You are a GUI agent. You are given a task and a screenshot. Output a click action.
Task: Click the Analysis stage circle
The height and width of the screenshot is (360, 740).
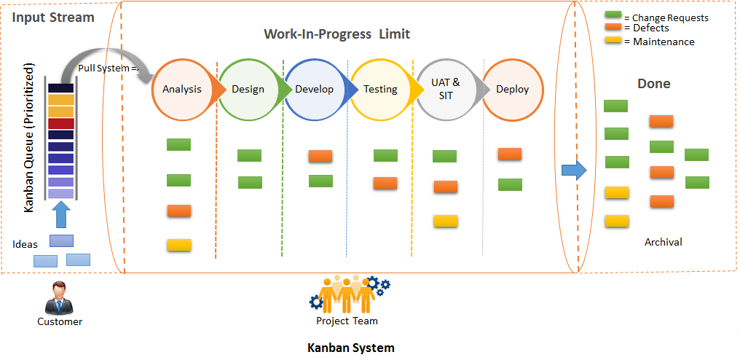point(182,89)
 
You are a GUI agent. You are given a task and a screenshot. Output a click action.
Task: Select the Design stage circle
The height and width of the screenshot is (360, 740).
point(248,89)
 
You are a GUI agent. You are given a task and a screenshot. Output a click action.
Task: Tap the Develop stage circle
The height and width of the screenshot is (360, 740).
point(314,89)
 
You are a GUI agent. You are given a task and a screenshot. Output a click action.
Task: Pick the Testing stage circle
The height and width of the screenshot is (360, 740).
point(380,89)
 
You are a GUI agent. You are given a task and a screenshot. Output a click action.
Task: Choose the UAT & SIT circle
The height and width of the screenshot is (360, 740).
point(446,89)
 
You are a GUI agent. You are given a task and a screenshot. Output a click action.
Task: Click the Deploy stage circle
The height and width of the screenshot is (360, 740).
point(512,89)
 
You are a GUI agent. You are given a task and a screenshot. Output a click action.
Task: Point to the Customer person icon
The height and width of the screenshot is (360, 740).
point(60,298)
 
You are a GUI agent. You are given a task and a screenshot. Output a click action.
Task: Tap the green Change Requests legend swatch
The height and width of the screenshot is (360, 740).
point(613,15)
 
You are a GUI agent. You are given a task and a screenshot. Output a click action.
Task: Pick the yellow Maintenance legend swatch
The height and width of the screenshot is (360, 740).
point(613,41)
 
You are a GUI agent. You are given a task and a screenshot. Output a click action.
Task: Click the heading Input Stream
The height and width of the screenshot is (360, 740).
point(52,17)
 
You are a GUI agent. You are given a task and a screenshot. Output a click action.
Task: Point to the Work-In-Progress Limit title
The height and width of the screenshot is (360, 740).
point(336,34)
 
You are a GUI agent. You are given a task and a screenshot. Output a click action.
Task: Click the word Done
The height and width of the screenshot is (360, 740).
point(654,84)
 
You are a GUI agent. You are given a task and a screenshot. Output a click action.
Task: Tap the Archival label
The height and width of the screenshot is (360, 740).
point(663,242)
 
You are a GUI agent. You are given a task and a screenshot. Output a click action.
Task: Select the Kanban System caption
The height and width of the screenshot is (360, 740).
point(350,348)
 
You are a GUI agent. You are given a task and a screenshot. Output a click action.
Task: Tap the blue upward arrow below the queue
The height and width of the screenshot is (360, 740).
point(62,215)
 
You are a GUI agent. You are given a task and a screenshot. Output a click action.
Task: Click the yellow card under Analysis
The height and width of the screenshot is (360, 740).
point(178,245)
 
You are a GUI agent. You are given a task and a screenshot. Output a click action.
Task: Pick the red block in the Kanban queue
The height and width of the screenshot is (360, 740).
point(61,123)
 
